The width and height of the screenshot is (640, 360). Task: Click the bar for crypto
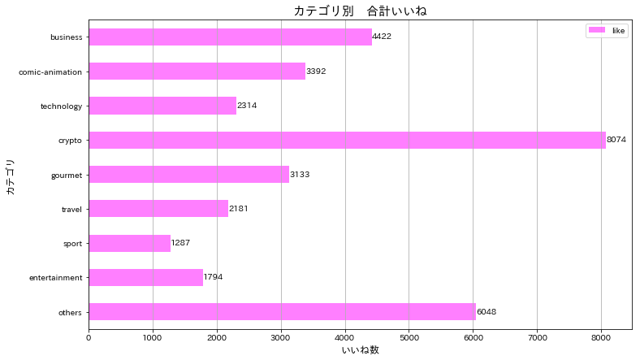click(x=347, y=140)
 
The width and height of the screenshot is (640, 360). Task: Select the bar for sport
click(x=129, y=243)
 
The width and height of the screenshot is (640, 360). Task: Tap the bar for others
click(x=282, y=312)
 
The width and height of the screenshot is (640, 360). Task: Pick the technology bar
click(x=162, y=106)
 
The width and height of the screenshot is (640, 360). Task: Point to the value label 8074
click(x=617, y=141)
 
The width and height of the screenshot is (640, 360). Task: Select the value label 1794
click(x=213, y=278)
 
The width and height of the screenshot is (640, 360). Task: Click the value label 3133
click(x=300, y=175)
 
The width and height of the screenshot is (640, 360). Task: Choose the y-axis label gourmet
click(x=65, y=175)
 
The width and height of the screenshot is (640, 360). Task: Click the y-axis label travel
click(x=71, y=210)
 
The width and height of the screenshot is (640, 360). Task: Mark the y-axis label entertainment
click(x=55, y=278)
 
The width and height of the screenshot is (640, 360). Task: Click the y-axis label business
click(x=66, y=37)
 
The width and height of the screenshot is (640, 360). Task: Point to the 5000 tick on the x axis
click(x=409, y=336)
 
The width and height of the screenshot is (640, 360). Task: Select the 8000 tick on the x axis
click(x=601, y=336)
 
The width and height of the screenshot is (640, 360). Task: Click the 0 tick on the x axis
click(x=89, y=336)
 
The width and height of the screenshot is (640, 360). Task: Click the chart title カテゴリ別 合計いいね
click(x=360, y=11)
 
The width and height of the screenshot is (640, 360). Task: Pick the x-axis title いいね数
click(x=360, y=350)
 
